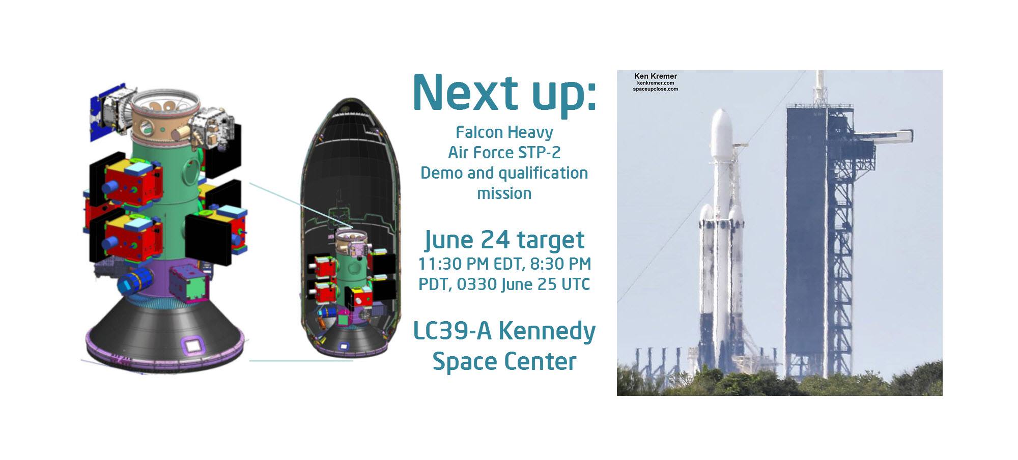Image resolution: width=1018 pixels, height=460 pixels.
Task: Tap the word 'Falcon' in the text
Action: click(x=479, y=132)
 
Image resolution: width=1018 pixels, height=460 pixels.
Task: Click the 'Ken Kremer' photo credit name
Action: click(x=655, y=76)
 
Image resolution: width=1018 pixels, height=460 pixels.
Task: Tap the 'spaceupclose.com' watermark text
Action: click(x=655, y=89)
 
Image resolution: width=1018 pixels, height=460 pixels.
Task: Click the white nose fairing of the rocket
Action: click(x=721, y=132)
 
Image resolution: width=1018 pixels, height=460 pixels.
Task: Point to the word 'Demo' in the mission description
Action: click(x=441, y=173)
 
